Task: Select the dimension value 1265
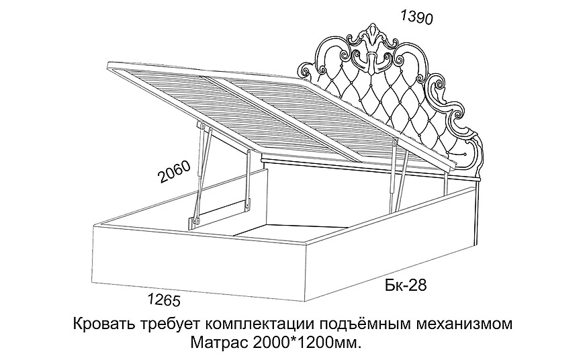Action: pos(162,297)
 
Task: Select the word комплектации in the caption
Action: pos(259,324)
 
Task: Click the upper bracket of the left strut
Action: pos(202,126)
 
